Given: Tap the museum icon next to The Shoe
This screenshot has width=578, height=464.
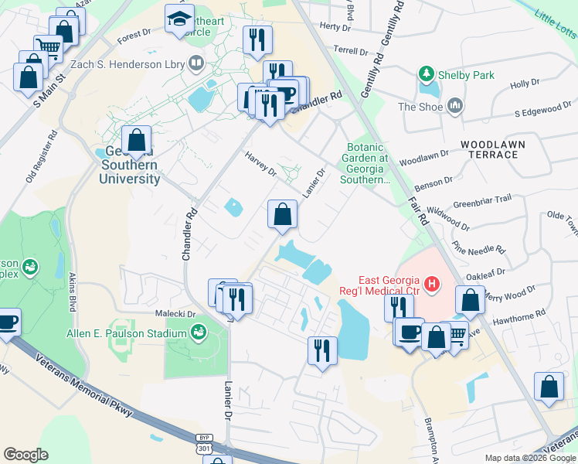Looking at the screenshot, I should point(454,106).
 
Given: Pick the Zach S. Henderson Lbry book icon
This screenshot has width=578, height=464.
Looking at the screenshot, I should point(196,63).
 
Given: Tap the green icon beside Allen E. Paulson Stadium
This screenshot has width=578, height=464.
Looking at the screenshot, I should point(199,333).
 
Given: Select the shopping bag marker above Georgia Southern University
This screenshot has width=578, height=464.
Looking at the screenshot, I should point(137,142).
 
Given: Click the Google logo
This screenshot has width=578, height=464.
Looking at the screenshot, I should point(25,455).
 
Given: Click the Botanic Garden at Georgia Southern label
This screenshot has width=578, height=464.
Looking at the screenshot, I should point(365,163).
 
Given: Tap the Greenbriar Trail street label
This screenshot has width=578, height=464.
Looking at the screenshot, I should point(481,199).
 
